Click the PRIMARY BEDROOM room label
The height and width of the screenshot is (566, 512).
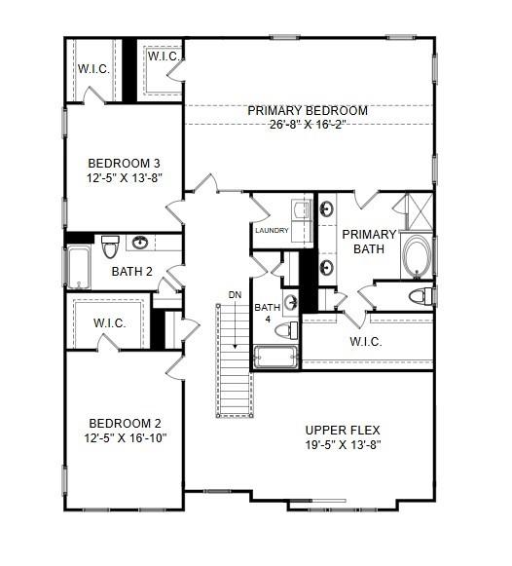pos(307,111)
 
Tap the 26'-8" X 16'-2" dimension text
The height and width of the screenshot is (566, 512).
pos(307,126)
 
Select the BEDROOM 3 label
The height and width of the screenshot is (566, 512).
pos(124,163)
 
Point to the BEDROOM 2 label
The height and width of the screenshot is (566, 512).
pos(124,424)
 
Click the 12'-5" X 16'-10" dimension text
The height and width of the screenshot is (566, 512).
pos(124,438)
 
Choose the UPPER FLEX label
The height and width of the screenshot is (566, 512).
pos(342,430)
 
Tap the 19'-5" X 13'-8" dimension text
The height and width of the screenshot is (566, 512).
pos(342,444)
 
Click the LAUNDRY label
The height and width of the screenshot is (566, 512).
pos(273,231)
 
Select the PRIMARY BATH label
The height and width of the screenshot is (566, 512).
pos(369,241)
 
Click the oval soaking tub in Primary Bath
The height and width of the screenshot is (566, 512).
pos(415,255)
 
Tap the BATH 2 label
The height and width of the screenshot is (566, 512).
pos(131,272)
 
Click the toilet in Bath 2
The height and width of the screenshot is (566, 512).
pos(109,243)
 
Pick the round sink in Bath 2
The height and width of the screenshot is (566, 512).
pos(142,243)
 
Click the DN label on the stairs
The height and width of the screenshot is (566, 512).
pos(235,294)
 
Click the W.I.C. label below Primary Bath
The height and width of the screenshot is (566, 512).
pos(366,342)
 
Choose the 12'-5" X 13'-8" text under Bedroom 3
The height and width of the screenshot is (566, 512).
pos(124,177)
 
